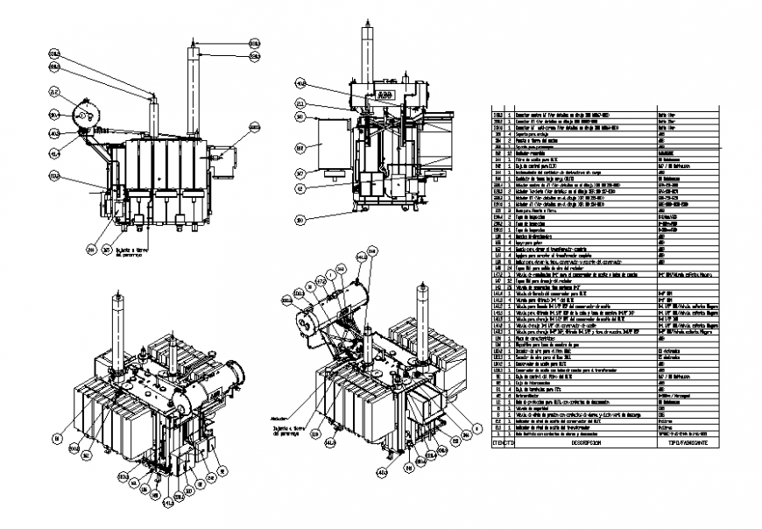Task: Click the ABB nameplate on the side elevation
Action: point(383,89)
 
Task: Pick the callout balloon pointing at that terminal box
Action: point(254,128)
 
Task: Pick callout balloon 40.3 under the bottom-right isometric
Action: point(382,474)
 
